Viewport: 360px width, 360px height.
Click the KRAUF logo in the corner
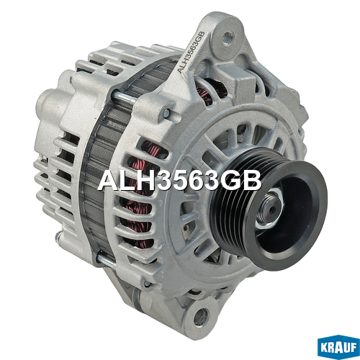click(338, 347)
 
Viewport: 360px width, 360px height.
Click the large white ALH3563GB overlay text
click(179, 181)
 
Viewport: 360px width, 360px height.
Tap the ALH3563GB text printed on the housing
click(190, 52)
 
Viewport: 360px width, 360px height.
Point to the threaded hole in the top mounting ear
click(228, 37)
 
